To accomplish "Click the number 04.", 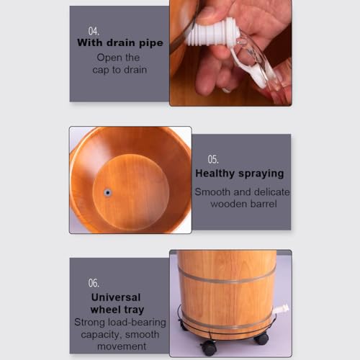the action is (x=94, y=31).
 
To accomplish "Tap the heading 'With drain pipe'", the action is (x=120, y=43).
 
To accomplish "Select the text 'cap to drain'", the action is (x=120, y=70).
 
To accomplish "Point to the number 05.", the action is (x=213, y=159).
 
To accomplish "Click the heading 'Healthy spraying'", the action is (x=240, y=174).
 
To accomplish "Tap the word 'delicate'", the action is (x=272, y=192).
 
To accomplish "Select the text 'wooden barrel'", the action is (x=243, y=204).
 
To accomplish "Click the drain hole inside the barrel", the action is (x=108, y=192).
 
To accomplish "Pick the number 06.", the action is (x=94, y=283).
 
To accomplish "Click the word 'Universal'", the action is (x=116, y=297).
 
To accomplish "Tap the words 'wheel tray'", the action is (x=117, y=310).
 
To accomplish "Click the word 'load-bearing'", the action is (x=138, y=323).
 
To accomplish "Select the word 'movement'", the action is (x=122, y=346).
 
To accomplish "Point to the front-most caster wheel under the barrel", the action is (x=209, y=348).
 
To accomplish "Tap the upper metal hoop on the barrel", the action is (x=227, y=276).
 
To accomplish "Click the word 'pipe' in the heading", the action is (x=151, y=43).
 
